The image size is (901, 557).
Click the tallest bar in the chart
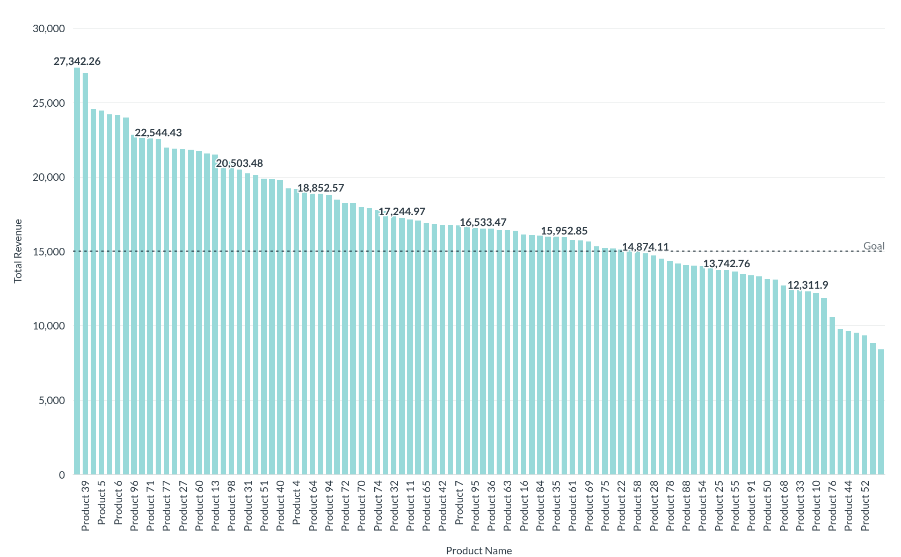(77, 271)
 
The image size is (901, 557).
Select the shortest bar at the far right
(881, 412)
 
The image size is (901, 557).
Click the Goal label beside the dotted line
(874, 246)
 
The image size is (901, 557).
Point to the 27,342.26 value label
(77, 61)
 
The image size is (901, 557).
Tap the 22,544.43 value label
(158, 133)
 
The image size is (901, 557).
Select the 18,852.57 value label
(321, 188)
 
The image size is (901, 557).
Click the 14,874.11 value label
(645, 247)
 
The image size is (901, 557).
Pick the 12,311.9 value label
(808, 285)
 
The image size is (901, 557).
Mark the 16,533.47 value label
(483, 222)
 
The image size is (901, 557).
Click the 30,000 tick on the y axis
(49, 28)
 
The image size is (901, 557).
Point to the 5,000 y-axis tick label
(52, 400)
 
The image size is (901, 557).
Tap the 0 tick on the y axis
(62, 475)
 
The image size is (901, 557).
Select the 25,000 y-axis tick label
(49, 103)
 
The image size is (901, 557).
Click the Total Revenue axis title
(18, 251)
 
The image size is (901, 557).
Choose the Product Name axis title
(478, 551)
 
